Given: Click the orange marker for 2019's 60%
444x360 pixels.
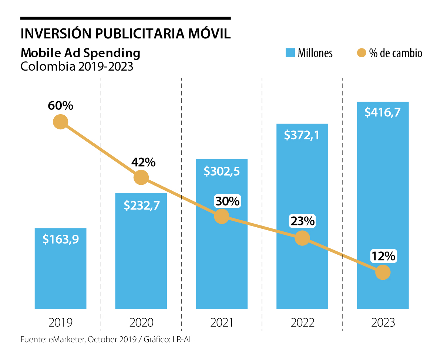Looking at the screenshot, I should click(x=60, y=122).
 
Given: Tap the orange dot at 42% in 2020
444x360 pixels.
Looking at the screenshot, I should click(x=141, y=177).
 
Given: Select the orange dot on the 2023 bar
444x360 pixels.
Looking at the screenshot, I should click(x=383, y=272).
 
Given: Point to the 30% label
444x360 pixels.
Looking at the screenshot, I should click(x=228, y=201).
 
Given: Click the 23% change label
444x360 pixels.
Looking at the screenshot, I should click(x=302, y=221).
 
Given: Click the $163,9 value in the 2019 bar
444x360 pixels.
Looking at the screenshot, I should click(x=60, y=239).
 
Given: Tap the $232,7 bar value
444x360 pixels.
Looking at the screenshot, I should click(x=141, y=205).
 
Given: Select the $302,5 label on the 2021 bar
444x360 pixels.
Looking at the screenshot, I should click(x=222, y=171).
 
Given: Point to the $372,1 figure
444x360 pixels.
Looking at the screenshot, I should click(x=302, y=135).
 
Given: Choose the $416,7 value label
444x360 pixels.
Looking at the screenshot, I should click(x=383, y=112).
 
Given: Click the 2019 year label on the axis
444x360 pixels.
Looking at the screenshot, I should click(x=60, y=322).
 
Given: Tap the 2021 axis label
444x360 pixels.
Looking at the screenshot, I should click(x=222, y=322).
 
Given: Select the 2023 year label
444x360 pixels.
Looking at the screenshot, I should click(x=383, y=322).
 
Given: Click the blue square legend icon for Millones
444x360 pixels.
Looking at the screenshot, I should click(x=290, y=53).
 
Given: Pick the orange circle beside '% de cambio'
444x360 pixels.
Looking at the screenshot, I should click(x=361, y=53).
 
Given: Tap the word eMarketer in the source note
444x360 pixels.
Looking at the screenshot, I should click(x=66, y=340).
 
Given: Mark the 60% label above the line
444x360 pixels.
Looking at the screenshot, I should click(x=60, y=106).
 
